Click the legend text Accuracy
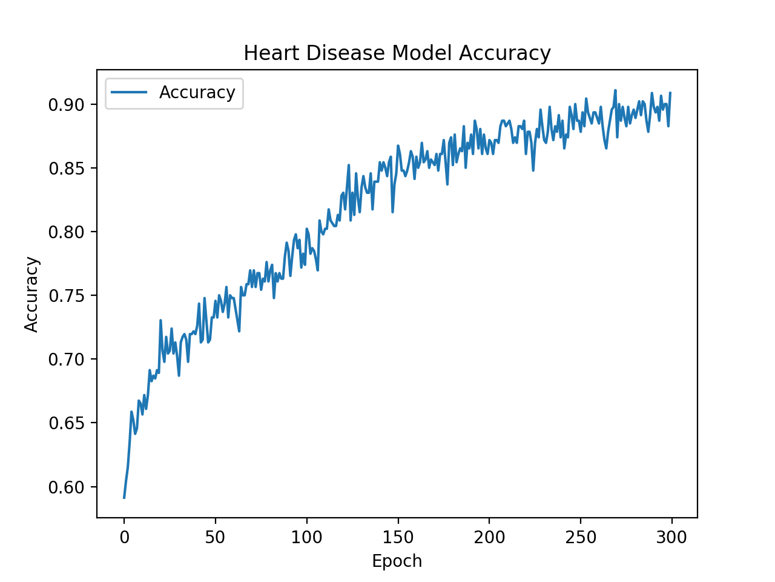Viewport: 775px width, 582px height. [x=197, y=93]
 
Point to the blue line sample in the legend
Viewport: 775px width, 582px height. [x=129, y=93]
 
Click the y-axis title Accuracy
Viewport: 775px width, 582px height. [x=31, y=295]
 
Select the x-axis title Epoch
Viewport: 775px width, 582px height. [x=397, y=561]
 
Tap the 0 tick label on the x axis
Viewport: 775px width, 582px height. [x=124, y=537]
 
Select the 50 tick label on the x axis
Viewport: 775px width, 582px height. [x=215, y=537]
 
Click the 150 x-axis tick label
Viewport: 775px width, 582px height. [x=398, y=537]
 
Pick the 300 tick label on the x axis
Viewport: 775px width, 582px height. [x=671, y=537]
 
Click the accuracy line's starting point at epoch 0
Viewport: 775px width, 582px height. [x=124, y=498]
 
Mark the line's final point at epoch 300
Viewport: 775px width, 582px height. [x=670, y=93]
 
